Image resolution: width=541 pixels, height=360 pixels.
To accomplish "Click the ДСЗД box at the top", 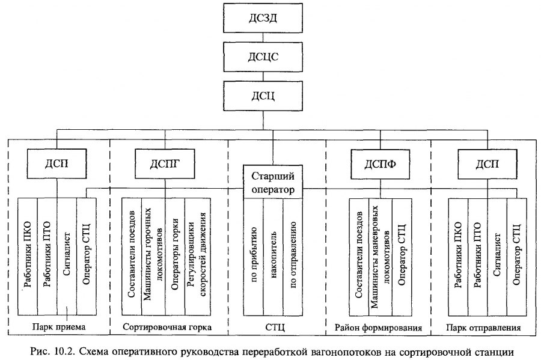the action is tap(263, 18).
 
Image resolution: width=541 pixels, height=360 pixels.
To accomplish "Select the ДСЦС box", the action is tap(263, 57).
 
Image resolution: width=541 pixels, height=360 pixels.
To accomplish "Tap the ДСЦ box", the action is tap(263, 96).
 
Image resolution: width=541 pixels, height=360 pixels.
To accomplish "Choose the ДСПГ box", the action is tap(165, 164).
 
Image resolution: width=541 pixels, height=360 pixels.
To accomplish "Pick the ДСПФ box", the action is tap(381, 164).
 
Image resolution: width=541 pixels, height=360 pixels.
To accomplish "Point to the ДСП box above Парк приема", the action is tap(57, 164).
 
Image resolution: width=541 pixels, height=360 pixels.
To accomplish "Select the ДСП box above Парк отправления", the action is tap(487, 164).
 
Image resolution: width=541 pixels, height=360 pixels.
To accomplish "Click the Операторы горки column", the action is tap(175, 257).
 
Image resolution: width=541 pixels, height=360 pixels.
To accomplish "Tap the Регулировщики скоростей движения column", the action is tap(198, 257).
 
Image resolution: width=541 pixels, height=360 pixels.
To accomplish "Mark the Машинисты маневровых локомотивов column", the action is tap(381, 257).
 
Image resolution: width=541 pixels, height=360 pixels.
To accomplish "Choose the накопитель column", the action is tap(273, 257).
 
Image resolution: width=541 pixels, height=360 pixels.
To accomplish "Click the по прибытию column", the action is tap(254, 257).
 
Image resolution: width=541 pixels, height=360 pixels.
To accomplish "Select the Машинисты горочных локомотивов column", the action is tap(153, 257).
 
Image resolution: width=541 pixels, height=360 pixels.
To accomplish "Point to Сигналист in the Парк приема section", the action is tap(67, 257).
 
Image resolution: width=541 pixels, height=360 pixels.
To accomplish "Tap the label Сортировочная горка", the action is tap(167, 327).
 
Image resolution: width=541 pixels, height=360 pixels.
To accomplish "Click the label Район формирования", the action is tap(378, 327).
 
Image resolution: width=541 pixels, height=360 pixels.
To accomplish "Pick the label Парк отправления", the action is tap(483, 327).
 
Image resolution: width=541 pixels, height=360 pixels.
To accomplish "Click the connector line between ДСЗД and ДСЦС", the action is tap(263, 38).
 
